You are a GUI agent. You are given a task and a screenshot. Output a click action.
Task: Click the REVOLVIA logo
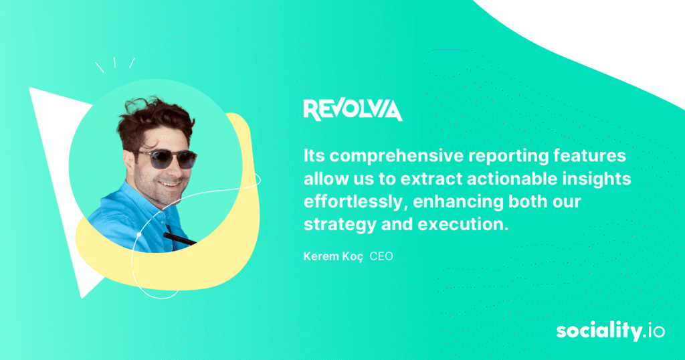pyautogui.click(x=353, y=110)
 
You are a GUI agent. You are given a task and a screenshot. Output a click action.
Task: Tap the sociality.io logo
pyautogui.click(x=610, y=331)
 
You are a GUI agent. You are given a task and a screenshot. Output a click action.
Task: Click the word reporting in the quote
pyautogui.click(x=507, y=157)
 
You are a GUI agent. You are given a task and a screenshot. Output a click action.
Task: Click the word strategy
pyautogui.click(x=340, y=225)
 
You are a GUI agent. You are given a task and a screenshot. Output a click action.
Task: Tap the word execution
pyautogui.click(x=463, y=225)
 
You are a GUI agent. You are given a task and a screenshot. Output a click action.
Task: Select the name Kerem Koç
pyautogui.click(x=333, y=256)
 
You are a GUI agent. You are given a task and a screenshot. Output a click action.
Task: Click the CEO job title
pyautogui.click(x=381, y=256)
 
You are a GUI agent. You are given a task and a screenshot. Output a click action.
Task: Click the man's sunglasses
pyautogui.click(x=167, y=159)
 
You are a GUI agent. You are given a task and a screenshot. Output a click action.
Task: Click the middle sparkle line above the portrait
pyautogui.click(x=114, y=62)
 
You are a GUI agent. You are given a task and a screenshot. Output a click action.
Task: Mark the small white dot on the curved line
pyautogui.click(x=139, y=235)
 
